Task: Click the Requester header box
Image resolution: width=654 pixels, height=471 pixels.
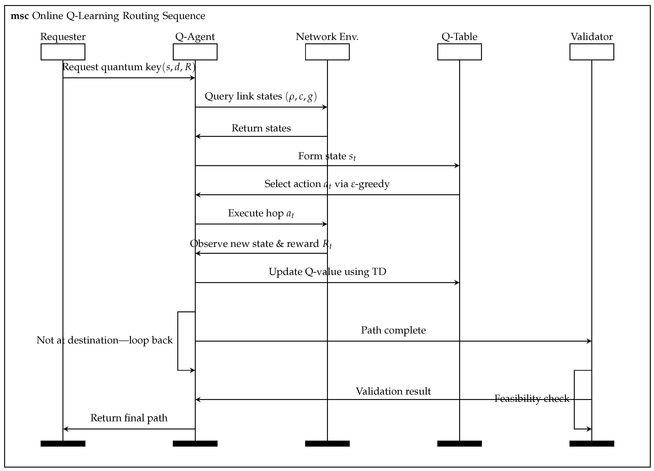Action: pos(63,52)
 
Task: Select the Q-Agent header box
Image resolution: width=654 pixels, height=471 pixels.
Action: pos(195,52)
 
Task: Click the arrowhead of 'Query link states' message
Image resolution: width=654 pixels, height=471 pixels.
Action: pos(325,107)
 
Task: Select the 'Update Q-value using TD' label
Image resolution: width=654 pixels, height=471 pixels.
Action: pos(327,272)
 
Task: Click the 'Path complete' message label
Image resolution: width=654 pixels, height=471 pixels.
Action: pos(393,330)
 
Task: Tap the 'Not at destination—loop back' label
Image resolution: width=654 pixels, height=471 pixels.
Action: pos(104,340)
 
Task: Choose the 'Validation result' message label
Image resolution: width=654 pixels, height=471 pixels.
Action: pos(393,391)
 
